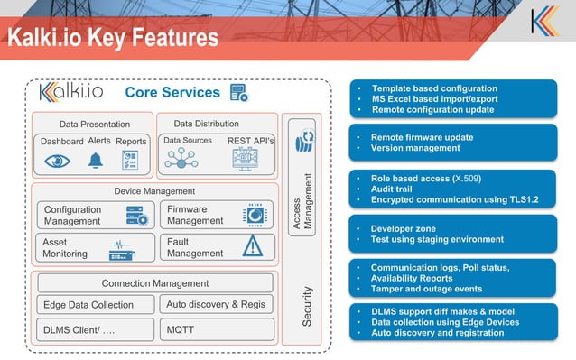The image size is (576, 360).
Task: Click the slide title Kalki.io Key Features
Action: point(113,38)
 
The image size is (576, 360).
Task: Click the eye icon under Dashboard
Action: point(58,161)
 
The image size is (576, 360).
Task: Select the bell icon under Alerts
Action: point(96,161)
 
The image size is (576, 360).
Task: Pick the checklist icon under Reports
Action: point(130,161)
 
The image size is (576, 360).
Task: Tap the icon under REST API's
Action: point(244,161)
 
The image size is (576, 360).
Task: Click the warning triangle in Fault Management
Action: point(252,246)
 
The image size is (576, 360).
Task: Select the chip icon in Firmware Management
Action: point(255,214)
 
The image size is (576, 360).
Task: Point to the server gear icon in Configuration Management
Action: point(136,215)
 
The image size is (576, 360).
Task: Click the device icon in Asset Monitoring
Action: point(125,249)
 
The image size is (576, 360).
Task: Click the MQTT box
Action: point(217,330)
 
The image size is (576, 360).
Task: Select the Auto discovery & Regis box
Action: point(217,305)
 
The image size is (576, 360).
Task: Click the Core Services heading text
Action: point(172,93)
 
